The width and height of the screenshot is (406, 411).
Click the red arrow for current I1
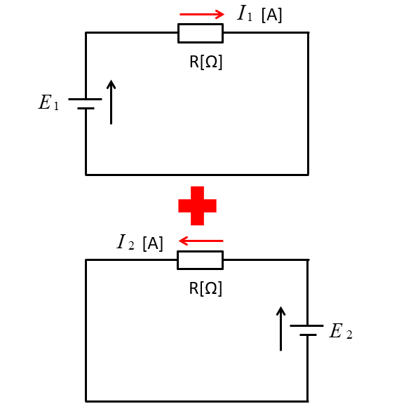(202, 14)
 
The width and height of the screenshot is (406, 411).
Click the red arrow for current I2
(201, 241)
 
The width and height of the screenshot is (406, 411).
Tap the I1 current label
(245, 13)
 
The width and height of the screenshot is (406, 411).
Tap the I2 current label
(126, 242)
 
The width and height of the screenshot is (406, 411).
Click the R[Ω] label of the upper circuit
(205, 62)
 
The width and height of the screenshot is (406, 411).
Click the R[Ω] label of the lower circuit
(205, 288)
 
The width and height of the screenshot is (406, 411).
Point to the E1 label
(48, 102)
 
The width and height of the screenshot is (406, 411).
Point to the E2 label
(341, 331)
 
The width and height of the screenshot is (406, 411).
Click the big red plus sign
(197, 205)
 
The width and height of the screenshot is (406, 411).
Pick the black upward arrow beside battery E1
(111, 102)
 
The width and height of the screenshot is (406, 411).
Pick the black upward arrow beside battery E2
(281, 328)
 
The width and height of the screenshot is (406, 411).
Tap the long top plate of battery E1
(85, 99)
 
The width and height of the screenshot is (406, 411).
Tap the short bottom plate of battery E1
(86, 108)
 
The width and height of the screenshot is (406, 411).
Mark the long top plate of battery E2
(306, 326)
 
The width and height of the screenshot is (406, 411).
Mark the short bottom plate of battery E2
(308, 335)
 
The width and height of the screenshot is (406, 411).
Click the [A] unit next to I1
(272, 15)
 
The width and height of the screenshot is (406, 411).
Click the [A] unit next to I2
(153, 244)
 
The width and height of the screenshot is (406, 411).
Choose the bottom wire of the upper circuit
(197, 175)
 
